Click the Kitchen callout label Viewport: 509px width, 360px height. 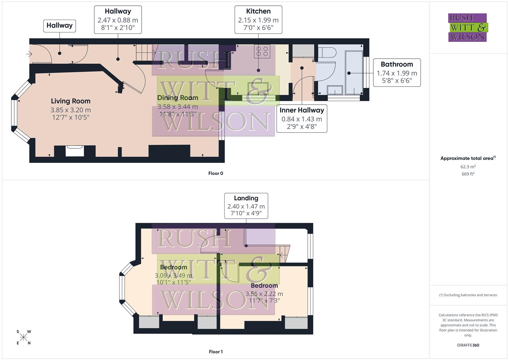pos(258,20)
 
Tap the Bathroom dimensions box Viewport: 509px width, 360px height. pos(397,73)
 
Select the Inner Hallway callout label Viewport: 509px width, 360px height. pos(302,119)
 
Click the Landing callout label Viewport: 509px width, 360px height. pos(246,206)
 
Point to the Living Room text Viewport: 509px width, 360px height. pos(71,101)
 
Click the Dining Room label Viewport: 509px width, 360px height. pos(178,98)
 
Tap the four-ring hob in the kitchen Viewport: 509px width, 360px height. pos(262,51)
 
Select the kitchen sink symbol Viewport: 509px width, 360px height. pos(257,88)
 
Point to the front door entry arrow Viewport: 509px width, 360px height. pos(29,54)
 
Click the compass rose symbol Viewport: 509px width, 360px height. pos(23,337)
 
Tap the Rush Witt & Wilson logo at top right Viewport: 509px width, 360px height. pos(467,28)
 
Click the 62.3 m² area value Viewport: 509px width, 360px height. pos(468,167)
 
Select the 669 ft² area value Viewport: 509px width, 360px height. pos(468,174)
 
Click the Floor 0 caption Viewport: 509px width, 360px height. pos(216,173)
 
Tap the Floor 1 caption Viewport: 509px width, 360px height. pos(216,352)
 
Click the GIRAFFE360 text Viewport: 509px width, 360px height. pos(468,345)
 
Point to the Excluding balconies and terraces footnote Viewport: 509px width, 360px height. pos(468,295)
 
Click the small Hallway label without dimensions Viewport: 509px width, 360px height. pos(59,26)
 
